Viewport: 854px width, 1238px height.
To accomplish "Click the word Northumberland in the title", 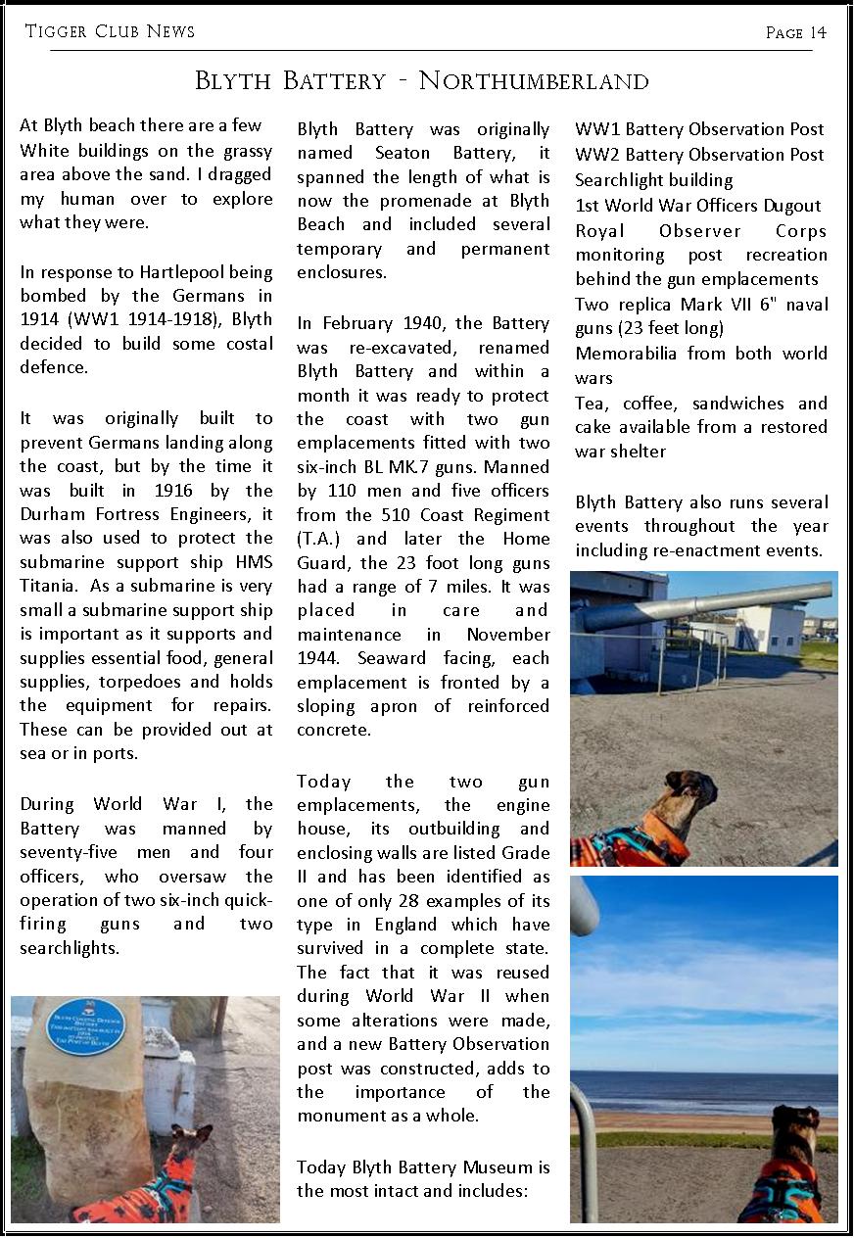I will (534, 80).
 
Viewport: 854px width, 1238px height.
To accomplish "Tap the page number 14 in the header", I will (818, 33).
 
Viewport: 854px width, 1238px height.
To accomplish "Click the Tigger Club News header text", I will (110, 31).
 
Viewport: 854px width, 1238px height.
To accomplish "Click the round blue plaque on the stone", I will (86, 1025).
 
